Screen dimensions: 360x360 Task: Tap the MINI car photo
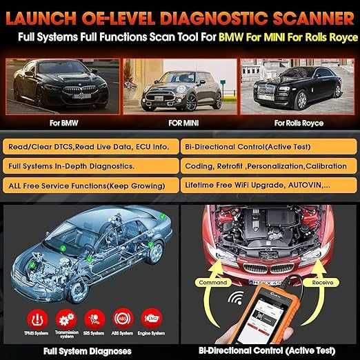tap(179, 86)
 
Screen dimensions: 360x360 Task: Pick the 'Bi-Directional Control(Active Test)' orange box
tap(268, 147)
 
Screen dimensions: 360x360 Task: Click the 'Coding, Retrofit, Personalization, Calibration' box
tap(268, 166)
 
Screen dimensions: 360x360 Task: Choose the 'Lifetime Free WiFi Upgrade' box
tap(268, 186)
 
